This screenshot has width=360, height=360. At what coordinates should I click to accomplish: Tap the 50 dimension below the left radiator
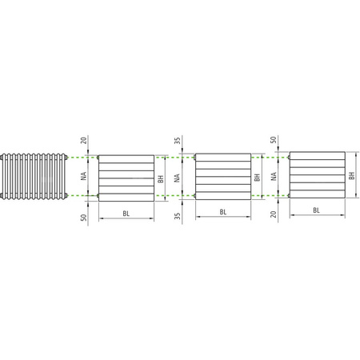pyautogui.click(x=83, y=215)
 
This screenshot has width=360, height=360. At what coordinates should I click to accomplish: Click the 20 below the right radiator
pyautogui.click(x=274, y=214)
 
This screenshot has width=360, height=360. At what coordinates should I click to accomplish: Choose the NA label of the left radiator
pyautogui.click(x=83, y=177)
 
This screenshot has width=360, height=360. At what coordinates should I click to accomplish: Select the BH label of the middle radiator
pyautogui.click(x=257, y=178)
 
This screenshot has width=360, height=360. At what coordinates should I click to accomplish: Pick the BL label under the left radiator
pyautogui.click(x=126, y=214)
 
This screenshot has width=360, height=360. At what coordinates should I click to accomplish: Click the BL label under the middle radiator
pyautogui.click(x=222, y=213)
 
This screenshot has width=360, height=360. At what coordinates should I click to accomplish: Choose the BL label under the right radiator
pyautogui.click(x=317, y=210)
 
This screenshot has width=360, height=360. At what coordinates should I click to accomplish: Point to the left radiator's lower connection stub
pyautogui.click(x=98, y=196)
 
